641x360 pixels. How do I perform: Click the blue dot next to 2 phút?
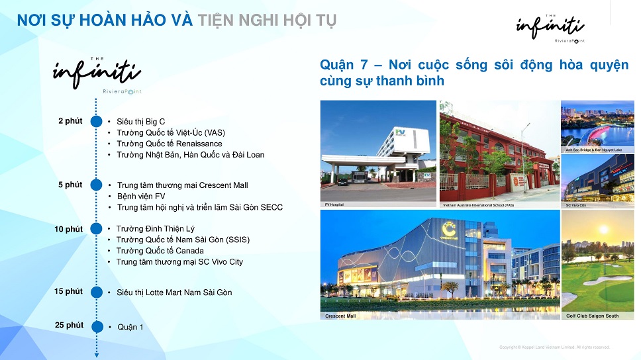click(96, 122)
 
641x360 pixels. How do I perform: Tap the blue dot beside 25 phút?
click(96, 326)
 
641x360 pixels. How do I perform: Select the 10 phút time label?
click(69, 229)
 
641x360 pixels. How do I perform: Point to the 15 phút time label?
click(69, 292)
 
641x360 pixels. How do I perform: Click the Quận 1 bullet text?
click(130, 327)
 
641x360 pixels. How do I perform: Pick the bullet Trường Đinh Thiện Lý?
click(156, 229)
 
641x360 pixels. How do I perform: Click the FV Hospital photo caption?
click(334, 204)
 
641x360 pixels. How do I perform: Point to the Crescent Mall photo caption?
click(340, 316)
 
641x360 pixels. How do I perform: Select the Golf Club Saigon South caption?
click(592, 316)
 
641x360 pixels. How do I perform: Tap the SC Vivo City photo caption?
click(576, 205)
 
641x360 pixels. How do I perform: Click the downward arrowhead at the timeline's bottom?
click(97, 355)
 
